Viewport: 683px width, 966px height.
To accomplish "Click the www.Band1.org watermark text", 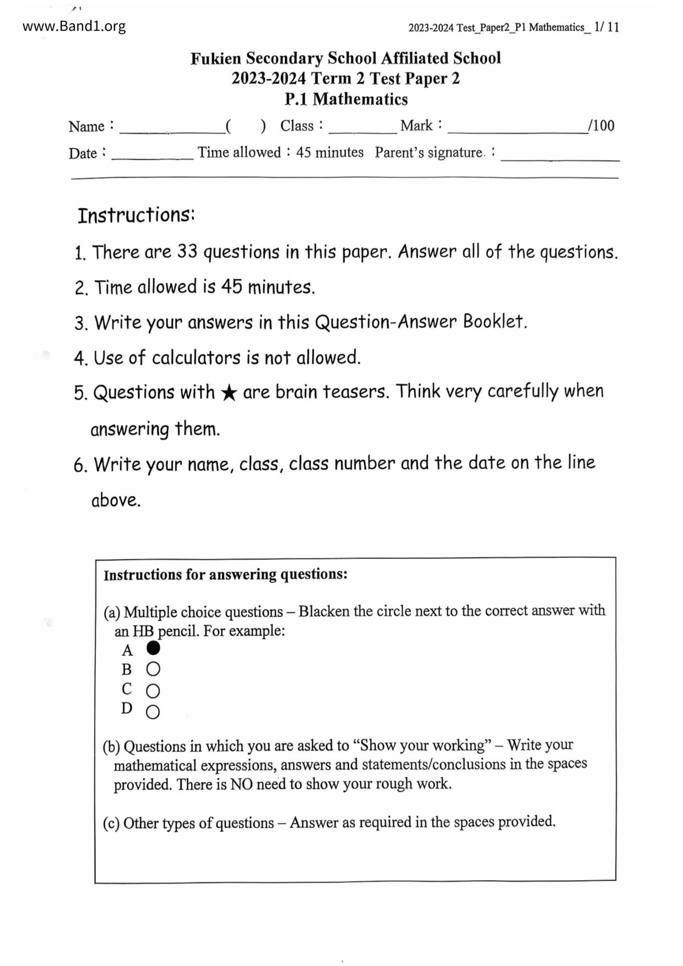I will (74, 26).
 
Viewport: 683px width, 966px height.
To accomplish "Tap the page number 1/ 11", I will (606, 27).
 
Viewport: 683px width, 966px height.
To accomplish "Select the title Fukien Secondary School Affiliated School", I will (345, 58).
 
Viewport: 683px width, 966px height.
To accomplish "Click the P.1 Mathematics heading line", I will (346, 99).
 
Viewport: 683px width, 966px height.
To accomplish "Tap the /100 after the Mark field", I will (601, 126).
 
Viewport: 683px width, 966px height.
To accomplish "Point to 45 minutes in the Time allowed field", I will (329, 153).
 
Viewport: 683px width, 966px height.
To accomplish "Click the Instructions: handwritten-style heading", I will (136, 215).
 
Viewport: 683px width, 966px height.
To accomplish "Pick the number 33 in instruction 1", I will (187, 252).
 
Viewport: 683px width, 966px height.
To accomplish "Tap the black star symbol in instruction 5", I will (229, 393).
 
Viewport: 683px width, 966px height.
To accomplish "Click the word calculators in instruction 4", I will (196, 358).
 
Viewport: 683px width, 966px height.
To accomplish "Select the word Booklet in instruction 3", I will (494, 322).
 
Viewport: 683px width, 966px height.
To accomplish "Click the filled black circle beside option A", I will (154, 648).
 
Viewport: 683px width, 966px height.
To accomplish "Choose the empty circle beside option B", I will (153, 669).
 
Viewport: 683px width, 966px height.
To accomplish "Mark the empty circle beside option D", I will (153, 712).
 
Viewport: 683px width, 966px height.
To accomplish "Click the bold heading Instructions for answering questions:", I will (225, 575).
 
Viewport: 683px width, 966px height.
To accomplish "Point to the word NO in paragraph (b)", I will (241, 784).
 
